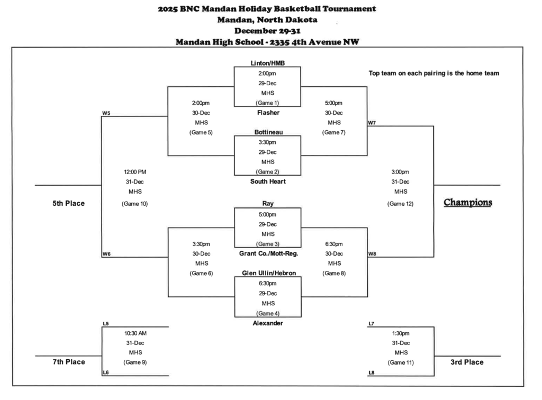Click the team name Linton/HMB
[x=267, y=63]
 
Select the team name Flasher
[x=267, y=113]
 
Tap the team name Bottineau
[x=267, y=132]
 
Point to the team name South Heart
[x=267, y=181]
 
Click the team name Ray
[x=267, y=204]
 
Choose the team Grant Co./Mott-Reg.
[x=268, y=253]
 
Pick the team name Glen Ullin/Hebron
[x=268, y=273]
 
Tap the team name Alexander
[x=267, y=323]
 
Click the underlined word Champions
[x=467, y=203]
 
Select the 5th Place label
[x=68, y=203]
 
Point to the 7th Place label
[x=68, y=362]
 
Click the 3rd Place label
[x=466, y=362]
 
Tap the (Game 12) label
[x=400, y=204]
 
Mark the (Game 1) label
[x=267, y=103]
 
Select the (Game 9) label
[x=135, y=362]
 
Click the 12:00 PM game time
[x=135, y=172]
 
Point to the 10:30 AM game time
[x=135, y=333]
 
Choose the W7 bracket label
[x=372, y=123]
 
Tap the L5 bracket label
[x=106, y=323]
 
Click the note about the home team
[x=433, y=74]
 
